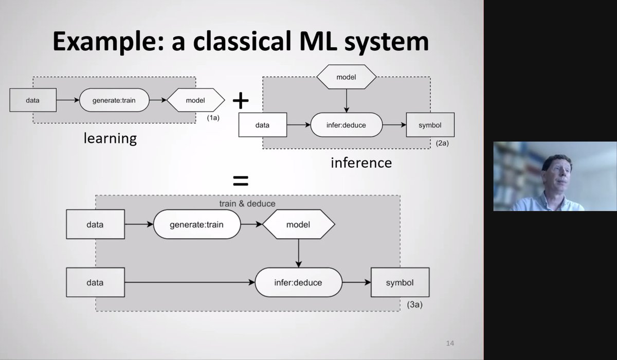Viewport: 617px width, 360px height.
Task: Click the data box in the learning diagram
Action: tap(32, 100)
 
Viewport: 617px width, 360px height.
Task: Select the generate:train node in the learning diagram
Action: tap(114, 100)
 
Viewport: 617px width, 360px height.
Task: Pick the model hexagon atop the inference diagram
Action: tap(347, 77)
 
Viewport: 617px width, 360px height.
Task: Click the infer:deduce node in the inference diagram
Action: tap(347, 125)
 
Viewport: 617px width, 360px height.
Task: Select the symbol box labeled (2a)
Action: tap(430, 125)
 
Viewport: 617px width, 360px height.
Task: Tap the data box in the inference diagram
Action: tap(263, 125)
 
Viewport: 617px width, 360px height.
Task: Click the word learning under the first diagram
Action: tap(111, 138)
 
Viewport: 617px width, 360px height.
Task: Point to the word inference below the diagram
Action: tap(361, 163)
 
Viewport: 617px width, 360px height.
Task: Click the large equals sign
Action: tap(241, 181)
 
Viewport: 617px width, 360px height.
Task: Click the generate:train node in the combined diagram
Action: tap(197, 225)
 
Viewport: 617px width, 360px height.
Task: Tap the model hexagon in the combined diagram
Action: tap(298, 225)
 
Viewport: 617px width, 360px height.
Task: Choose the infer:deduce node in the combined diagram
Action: tap(298, 282)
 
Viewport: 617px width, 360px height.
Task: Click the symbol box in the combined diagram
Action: tap(400, 282)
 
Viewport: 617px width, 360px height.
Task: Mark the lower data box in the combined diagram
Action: tap(95, 282)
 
